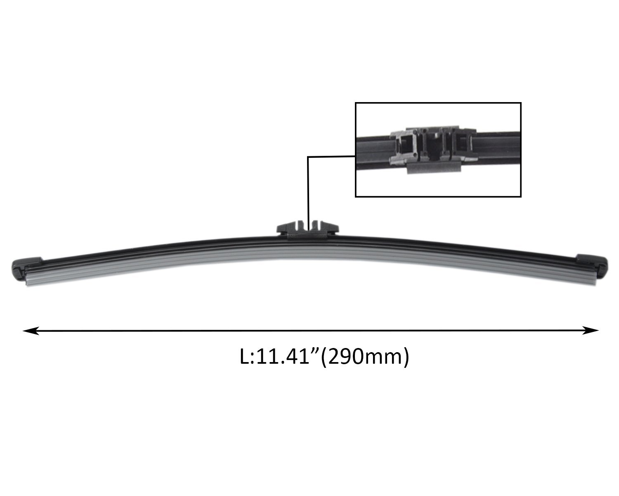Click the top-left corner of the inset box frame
[356, 103]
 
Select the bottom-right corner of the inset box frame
[521, 197]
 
